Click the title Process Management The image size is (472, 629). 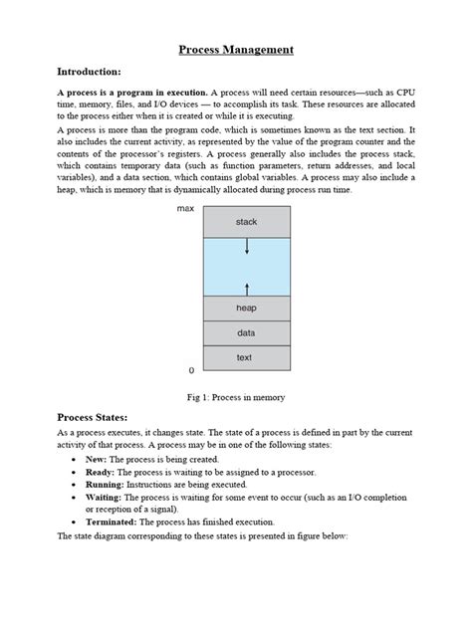pyautogui.click(x=236, y=49)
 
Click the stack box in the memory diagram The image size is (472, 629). pyautogui.click(x=246, y=222)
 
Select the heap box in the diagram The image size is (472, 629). pyautogui.click(x=246, y=309)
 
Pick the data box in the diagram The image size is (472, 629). pyautogui.click(x=246, y=332)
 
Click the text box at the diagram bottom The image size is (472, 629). pyautogui.click(x=246, y=356)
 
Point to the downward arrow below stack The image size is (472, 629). pyautogui.click(x=246, y=247)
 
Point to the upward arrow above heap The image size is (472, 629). pyautogui.click(x=246, y=287)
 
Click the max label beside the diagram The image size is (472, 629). pyautogui.click(x=185, y=209)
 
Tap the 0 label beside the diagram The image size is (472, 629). pyautogui.click(x=191, y=370)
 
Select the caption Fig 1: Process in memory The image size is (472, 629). pyautogui.click(x=236, y=397)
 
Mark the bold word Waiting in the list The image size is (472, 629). pyautogui.click(x=106, y=510)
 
